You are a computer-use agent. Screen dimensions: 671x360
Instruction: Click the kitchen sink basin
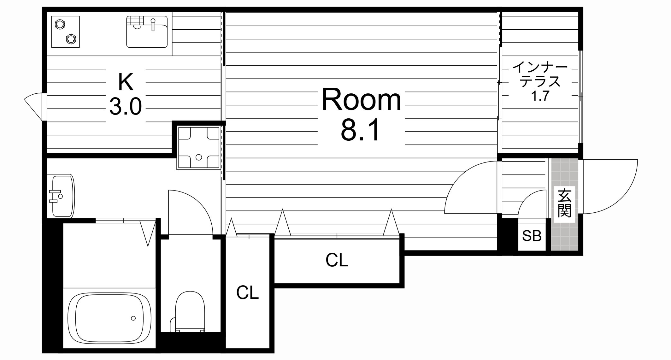[x=147, y=32]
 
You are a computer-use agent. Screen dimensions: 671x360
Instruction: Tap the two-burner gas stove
[x=65, y=32]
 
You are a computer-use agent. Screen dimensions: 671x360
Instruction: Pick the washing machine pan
[x=198, y=148]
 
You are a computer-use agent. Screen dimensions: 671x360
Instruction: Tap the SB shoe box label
[x=532, y=235]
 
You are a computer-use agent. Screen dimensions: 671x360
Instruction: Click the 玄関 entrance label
[x=564, y=203]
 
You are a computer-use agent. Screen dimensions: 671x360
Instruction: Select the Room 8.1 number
[x=361, y=131]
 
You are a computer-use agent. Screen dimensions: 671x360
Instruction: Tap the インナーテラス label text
[x=540, y=74]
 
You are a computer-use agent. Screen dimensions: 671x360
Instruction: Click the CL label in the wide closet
[x=337, y=260]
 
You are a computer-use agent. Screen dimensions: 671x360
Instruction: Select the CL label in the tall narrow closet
[x=248, y=292]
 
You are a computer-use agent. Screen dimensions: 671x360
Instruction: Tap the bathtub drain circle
[x=133, y=318]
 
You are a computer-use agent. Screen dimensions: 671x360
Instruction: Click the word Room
[x=361, y=100]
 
